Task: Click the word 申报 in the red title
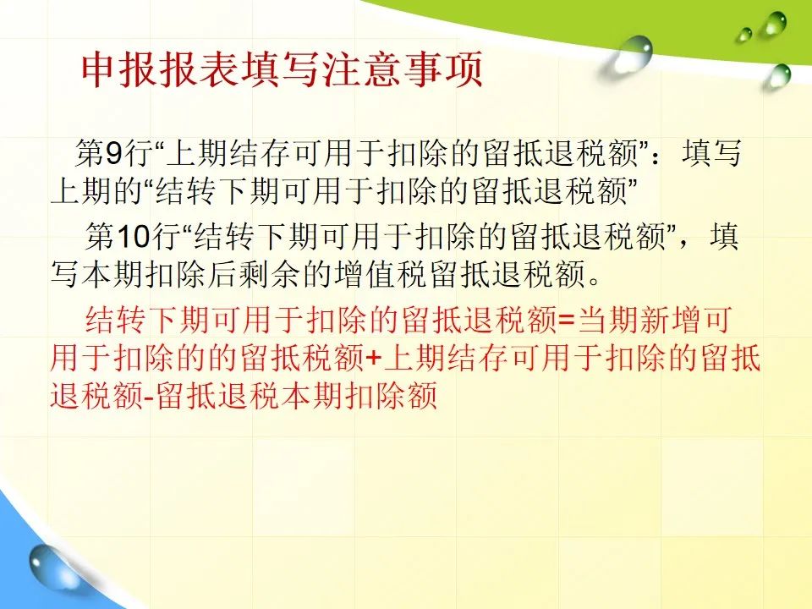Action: tap(119, 69)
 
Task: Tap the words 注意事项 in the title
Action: tap(403, 69)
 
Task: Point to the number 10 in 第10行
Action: tap(133, 236)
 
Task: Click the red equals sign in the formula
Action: tap(567, 320)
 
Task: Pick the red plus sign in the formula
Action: tap(373, 358)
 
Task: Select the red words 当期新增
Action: tap(639, 320)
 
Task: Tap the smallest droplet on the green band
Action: tap(744, 35)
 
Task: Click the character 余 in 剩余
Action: tap(285, 273)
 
